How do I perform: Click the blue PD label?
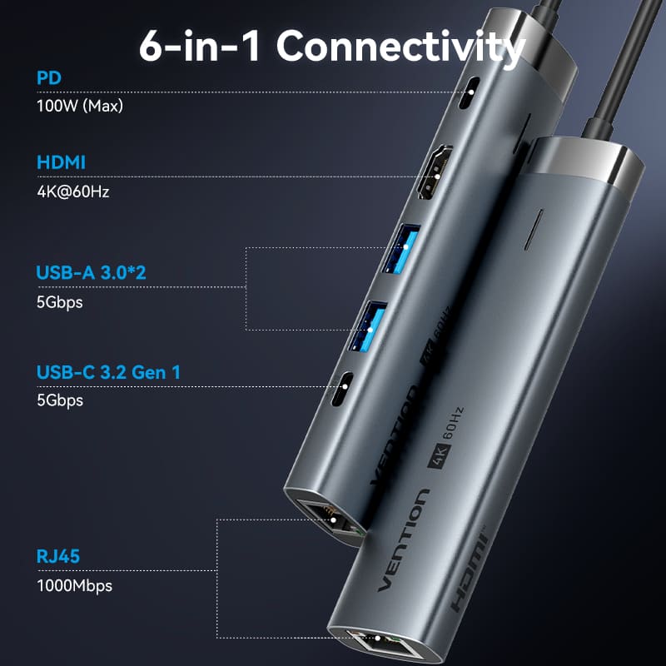point(49,79)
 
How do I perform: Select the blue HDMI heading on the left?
point(61,162)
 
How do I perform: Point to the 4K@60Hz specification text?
point(73,191)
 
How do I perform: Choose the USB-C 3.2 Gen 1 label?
point(108,372)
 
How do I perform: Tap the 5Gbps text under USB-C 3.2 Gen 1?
point(60,400)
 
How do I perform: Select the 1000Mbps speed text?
point(74,585)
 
